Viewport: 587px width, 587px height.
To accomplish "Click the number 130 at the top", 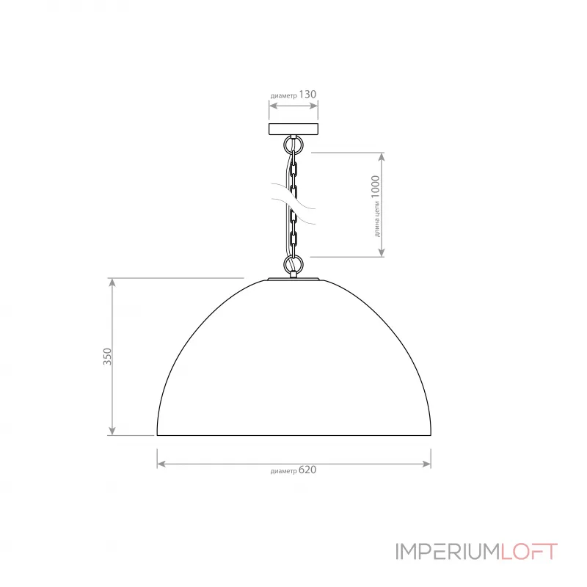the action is [x=307, y=95].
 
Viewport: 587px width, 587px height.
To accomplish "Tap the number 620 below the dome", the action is [x=307, y=470].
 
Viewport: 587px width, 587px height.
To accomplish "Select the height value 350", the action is [x=107, y=357].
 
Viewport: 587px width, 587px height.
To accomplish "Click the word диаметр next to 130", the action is [x=284, y=96].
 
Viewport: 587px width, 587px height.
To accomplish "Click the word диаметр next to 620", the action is [x=284, y=472].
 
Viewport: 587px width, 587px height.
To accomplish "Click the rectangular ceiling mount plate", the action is [x=293, y=129].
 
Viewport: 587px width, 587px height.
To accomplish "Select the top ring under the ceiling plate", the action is [x=293, y=145].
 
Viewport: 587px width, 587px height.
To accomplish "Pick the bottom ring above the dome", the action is [x=293, y=264].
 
